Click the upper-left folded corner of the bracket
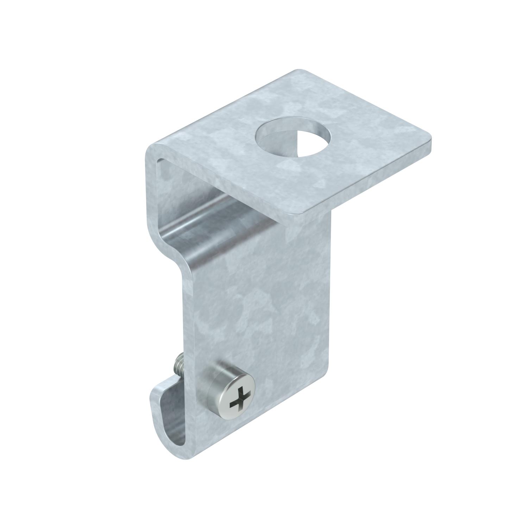(x=151, y=150)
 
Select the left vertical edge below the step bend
(x=183, y=334)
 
